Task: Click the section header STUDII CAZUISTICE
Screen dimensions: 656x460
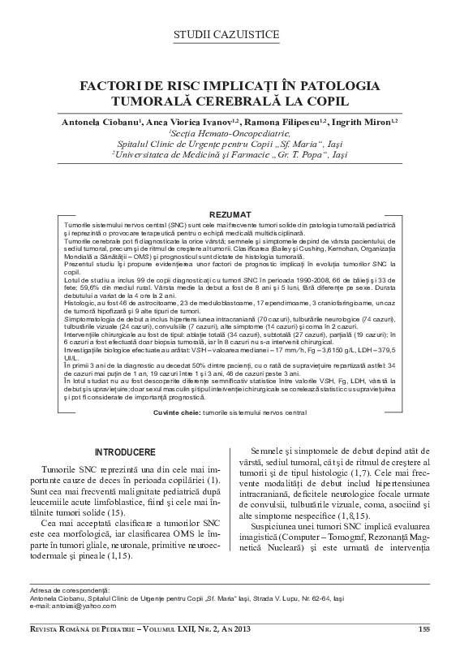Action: (x=230, y=34)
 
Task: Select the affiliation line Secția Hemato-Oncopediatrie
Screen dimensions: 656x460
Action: (x=230, y=132)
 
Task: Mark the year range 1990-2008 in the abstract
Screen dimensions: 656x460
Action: (x=296, y=279)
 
